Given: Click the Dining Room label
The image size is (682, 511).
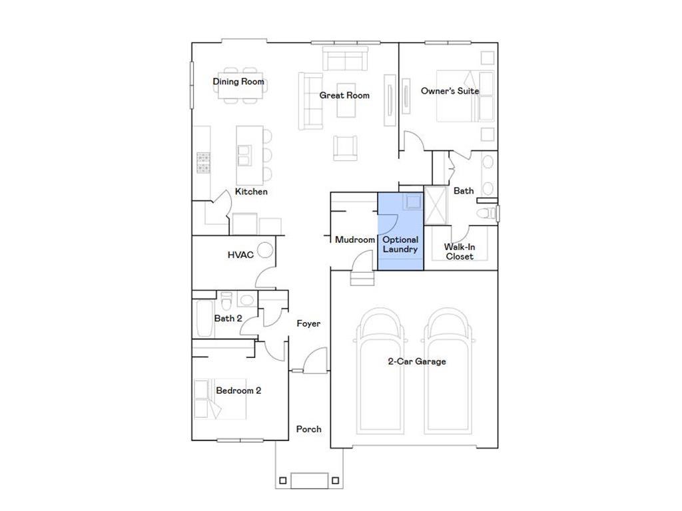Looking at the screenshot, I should click(x=238, y=82).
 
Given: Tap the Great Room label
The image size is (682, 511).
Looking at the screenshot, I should click(x=344, y=95).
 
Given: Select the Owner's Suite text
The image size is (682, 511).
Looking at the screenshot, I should click(x=450, y=90).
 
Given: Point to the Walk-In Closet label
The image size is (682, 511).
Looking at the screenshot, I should click(x=460, y=252).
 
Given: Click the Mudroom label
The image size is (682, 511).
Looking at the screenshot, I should click(x=355, y=240).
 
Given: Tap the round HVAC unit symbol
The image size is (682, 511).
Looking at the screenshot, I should click(x=266, y=250).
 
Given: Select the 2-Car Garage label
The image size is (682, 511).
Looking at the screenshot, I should click(x=417, y=361).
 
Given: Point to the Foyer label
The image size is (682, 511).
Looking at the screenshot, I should click(x=308, y=323).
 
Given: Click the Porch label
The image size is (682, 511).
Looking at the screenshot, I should click(x=308, y=429).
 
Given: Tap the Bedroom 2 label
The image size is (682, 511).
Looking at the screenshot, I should click(x=238, y=391).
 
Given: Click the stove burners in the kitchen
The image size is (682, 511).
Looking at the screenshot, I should click(x=203, y=162).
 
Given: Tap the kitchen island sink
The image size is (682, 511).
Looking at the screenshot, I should click(x=244, y=155).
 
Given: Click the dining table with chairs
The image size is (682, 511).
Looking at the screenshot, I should click(x=240, y=85).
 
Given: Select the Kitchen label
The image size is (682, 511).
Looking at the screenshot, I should click(x=251, y=192).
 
